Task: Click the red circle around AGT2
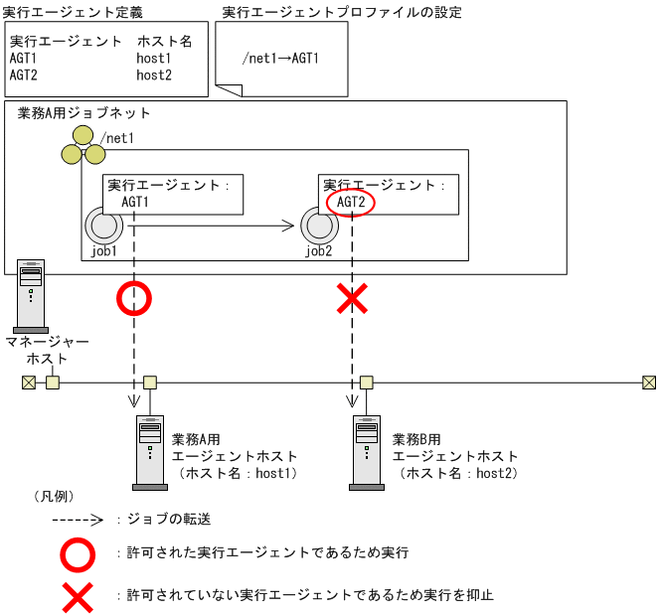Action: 351,203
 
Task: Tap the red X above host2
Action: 351,299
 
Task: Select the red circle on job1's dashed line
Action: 133,299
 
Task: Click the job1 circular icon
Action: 100,225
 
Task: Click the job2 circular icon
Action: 317,225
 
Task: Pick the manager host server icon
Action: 31,295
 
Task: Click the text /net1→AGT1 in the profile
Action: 280,58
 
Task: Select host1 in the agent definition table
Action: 154,59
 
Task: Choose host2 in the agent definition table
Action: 154,75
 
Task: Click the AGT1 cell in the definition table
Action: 24,59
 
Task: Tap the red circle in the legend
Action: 79,552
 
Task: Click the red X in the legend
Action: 79,596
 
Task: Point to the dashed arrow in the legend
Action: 77,520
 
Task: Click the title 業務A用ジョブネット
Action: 84,113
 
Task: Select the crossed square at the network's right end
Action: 648,383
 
